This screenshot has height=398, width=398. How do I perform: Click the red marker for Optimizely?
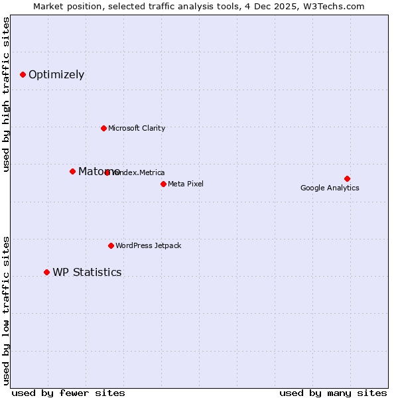click(x=23, y=75)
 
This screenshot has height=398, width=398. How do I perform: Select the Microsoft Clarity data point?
click(x=103, y=128)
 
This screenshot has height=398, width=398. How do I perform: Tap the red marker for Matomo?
click(x=72, y=171)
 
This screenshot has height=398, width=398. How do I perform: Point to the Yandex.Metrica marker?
click(x=107, y=172)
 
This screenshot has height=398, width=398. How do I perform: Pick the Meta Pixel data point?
click(x=163, y=184)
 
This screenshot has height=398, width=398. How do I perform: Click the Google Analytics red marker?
click(x=347, y=178)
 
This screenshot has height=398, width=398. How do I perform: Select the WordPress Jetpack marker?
click(x=111, y=245)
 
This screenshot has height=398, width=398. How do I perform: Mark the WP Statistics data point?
click(x=46, y=272)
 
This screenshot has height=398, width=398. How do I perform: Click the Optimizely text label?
click(x=56, y=75)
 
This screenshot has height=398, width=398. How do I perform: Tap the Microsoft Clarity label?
click(x=137, y=129)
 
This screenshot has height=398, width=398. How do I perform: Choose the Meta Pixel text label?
click(x=186, y=184)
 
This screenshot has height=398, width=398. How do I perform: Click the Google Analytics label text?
click(x=330, y=188)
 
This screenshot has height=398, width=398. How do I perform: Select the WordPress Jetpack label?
click(x=148, y=246)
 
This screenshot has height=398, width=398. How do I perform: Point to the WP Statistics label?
click(x=87, y=273)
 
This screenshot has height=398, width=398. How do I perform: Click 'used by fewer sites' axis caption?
click(x=68, y=393)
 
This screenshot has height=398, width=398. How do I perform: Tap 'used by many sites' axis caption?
click(x=333, y=393)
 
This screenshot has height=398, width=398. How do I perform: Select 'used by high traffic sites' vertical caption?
click(x=6, y=94)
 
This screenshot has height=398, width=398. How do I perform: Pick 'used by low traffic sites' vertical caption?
click(x=6, y=310)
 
